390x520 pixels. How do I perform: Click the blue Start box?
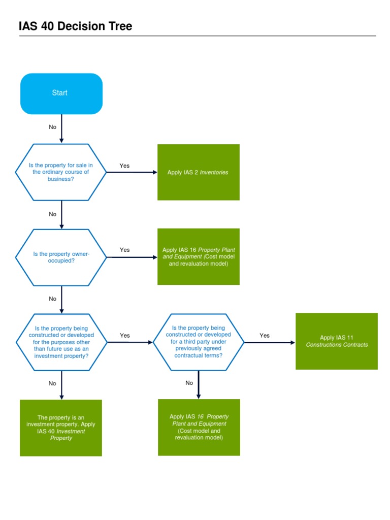pyautogui.click(x=61, y=93)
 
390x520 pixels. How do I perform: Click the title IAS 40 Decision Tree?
pyautogui.click(x=75, y=26)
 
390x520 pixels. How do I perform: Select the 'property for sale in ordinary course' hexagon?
pyautogui.click(x=61, y=172)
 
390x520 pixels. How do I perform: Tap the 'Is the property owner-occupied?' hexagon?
pyautogui.click(x=61, y=257)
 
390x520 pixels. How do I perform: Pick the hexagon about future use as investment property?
pyautogui.click(x=61, y=342)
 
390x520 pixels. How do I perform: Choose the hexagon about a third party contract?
pyautogui.click(x=198, y=342)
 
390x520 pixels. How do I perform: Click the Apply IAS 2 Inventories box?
pyautogui.click(x=198, y=172)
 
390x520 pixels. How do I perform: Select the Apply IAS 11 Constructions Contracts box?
pyautogui.click(x=337, y=341)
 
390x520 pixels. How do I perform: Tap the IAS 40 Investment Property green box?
pyautogui.click(x=61, y=428)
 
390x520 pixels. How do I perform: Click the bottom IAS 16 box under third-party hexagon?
pyautogui.click(x=199, y=427)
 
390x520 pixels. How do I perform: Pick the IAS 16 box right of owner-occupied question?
pyautogui.click(x=198, y=257)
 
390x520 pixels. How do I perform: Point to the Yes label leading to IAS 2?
pyautogui.click(x=124, y=166)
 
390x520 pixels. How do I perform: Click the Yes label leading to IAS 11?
pyautogui.click(x=265, y=335)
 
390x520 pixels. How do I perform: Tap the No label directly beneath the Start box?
pyautogui.click(x=53, y=127)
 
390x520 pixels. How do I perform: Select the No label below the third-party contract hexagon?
pyautogui.click(x=189, y=383)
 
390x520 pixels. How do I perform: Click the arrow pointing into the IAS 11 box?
pyautogui.click(x=269, y=342)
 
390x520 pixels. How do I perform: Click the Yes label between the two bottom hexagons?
pyautogui.click(x=125, y=335)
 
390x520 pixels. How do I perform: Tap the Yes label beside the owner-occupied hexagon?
pyautogui.click(x=125, y=249)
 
